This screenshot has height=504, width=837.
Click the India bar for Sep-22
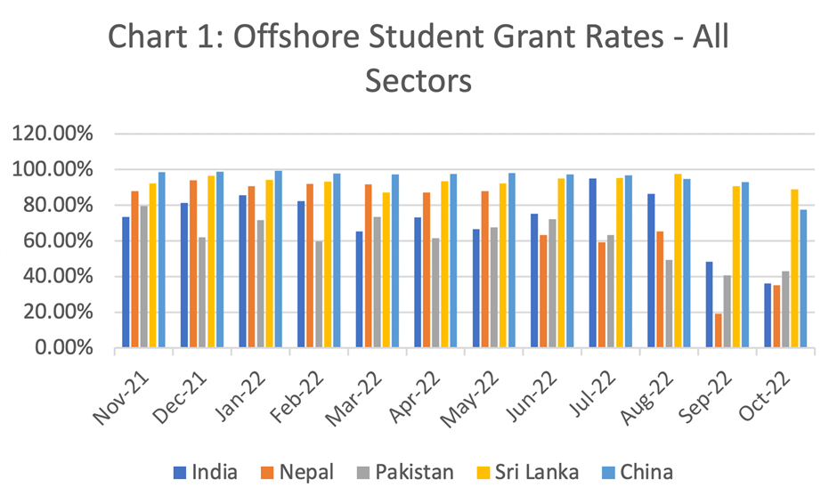[x=709, y=305]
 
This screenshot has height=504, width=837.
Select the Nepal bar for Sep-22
[x=718, y=330]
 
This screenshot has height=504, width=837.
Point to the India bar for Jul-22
[x=592, y=263]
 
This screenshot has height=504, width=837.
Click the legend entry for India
[x=205, y=472]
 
